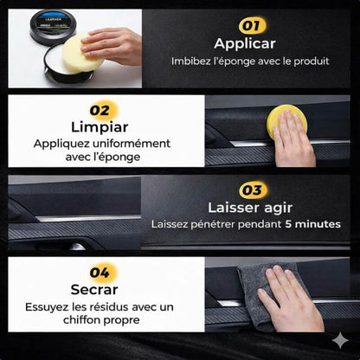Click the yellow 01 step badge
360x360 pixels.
click(252, 25)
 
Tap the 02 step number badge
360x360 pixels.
click(101, 110)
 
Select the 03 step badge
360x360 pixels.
click(254, 190)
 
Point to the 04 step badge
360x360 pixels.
click(101, 273)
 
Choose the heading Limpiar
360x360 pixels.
click(101, 127)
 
